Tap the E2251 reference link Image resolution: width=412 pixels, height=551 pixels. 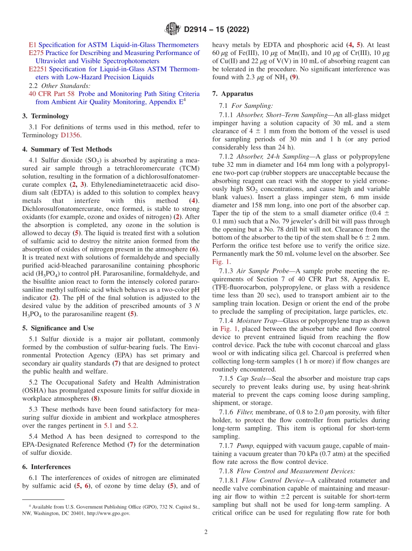tap(38, 69)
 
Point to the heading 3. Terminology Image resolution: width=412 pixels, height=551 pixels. tap(46, 116)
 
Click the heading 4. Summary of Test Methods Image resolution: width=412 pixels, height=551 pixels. tap(67, 149)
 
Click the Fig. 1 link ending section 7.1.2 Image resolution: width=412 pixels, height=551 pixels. tap(220, 262)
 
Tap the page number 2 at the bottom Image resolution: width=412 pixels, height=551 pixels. tap(206, 532)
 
